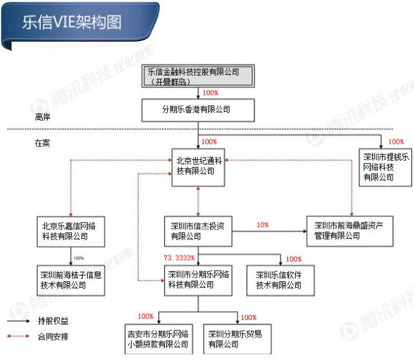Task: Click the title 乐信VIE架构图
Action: point(72,21)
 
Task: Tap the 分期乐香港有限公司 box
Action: point(198,110)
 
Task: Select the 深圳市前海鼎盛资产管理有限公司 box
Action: point(349,231)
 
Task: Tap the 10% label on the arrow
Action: point(262,225)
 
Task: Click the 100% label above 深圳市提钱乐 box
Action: point(396,142)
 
